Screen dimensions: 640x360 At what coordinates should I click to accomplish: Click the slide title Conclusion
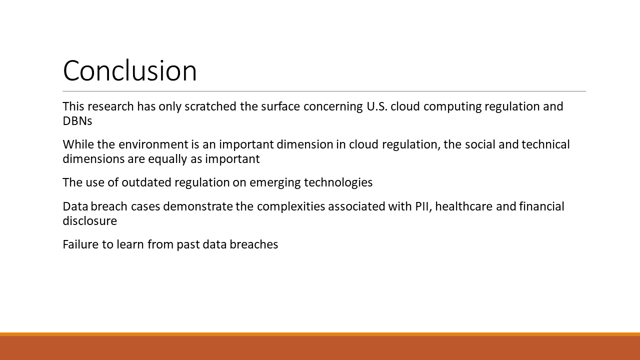tap(129, 70)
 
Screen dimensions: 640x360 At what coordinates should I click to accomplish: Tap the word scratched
tap(210, 106)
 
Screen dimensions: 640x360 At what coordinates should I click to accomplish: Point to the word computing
tap(452, 107)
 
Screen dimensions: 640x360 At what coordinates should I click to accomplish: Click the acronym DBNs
tap(77, 121)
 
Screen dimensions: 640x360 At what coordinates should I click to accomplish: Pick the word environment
tap(153, 144)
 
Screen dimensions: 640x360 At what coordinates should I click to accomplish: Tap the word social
tap(480, 144)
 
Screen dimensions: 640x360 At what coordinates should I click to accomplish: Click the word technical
tap(545, 144)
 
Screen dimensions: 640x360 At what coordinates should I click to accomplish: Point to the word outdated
tap(146, 182)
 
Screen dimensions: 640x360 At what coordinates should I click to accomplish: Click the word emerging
tap(275, 183)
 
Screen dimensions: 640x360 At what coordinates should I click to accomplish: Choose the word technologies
tap(338, 183)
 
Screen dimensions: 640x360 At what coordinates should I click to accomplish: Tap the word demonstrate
tap(198, 206)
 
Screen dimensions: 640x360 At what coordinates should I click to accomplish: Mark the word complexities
tap(291, 207)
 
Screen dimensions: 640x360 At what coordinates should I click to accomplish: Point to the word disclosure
tap(89, 221)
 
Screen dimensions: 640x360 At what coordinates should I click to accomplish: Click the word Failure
tap(80, 244)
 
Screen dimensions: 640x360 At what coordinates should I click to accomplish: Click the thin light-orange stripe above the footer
tap(320, 334)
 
